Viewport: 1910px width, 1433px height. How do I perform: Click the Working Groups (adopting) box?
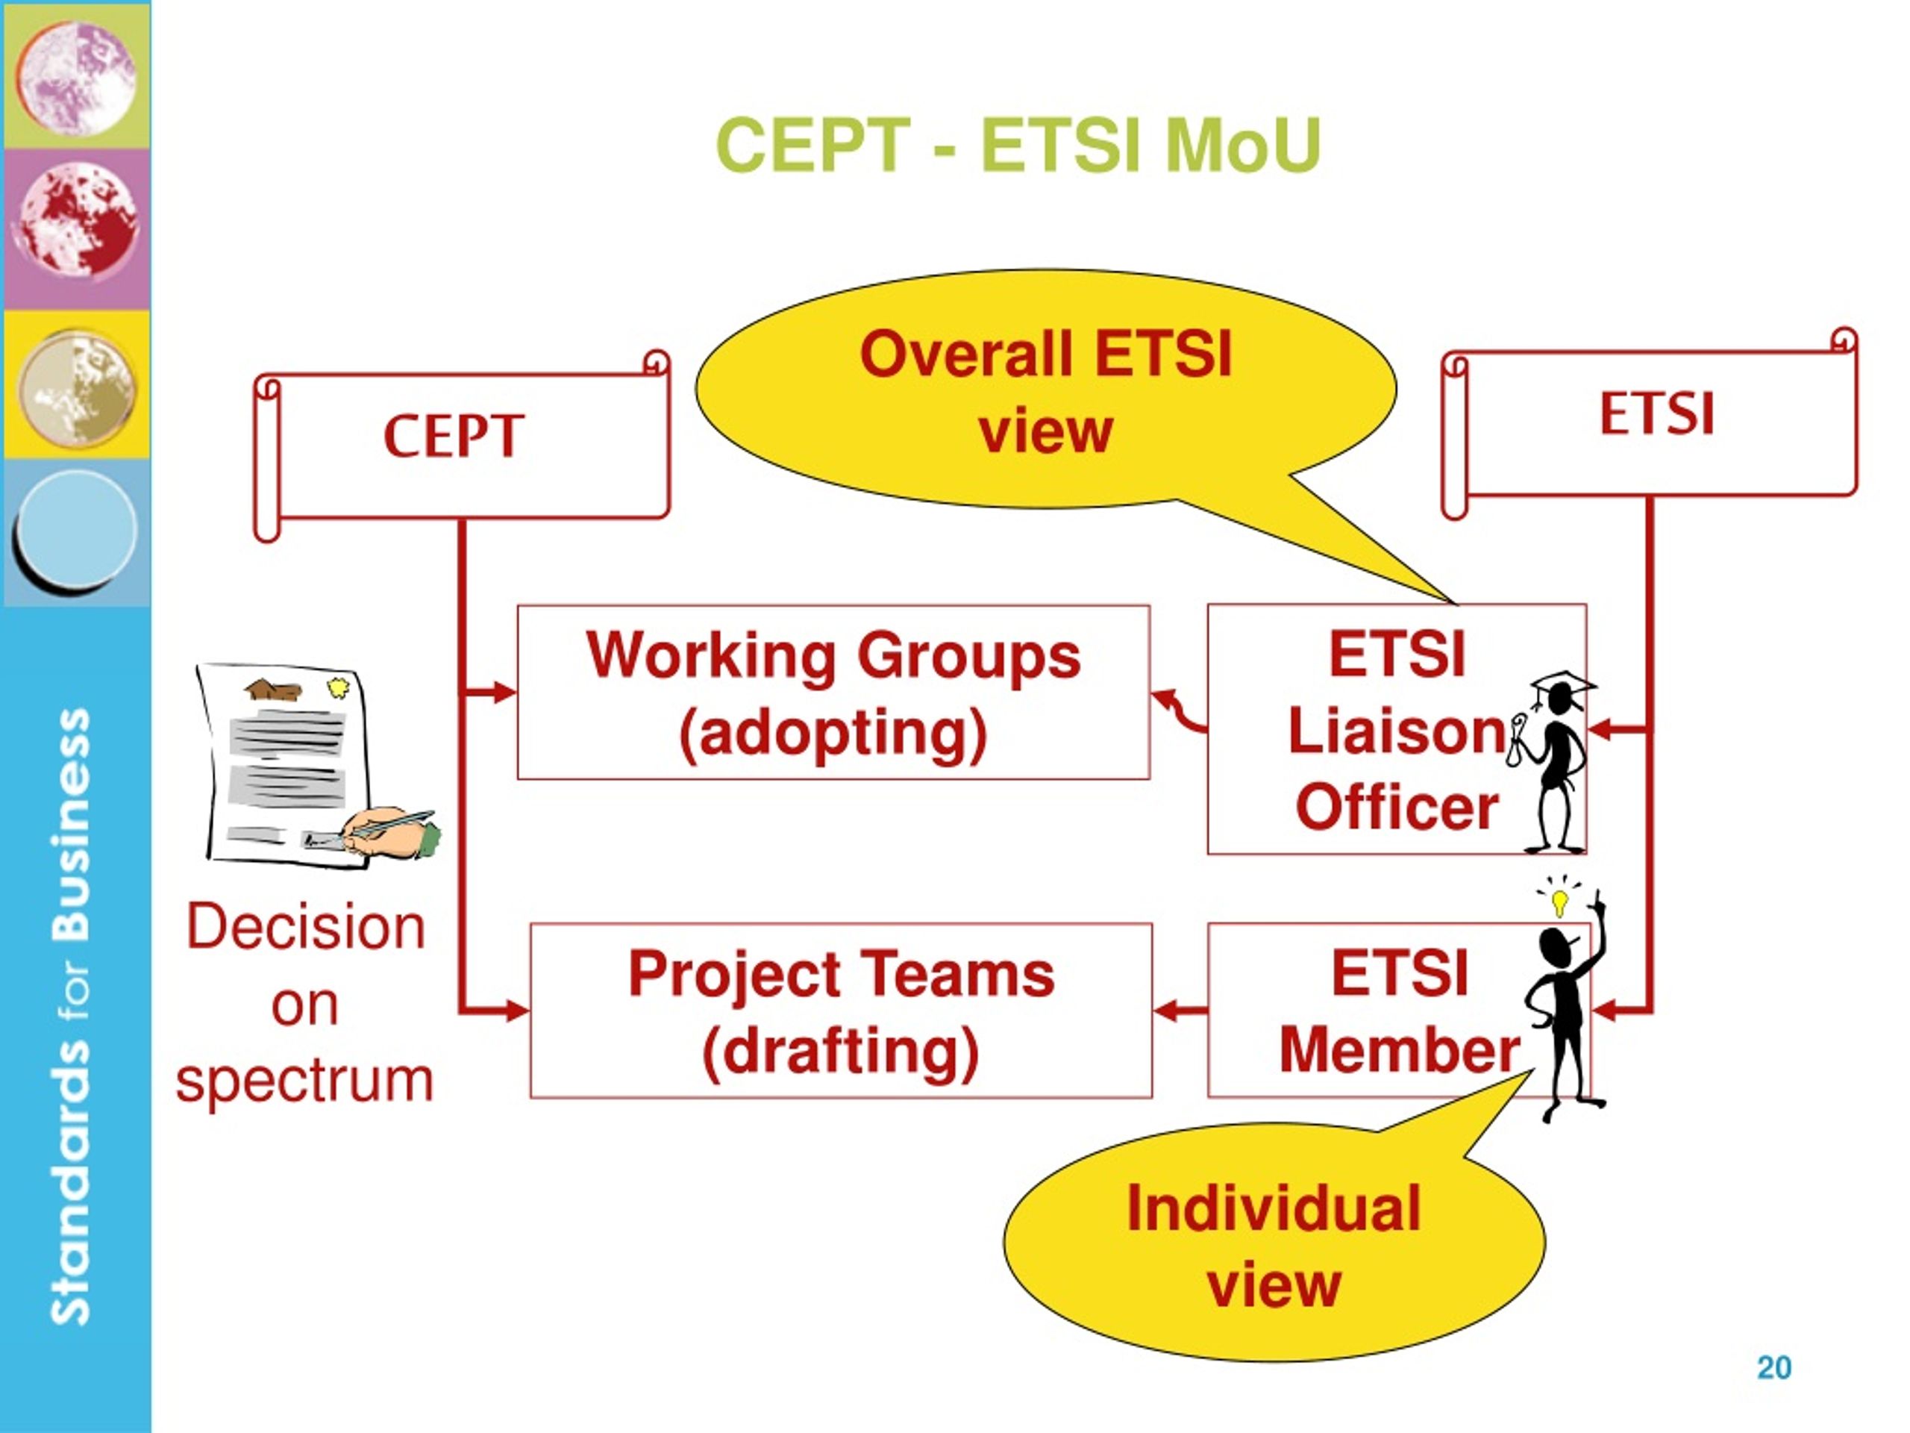(x=833, y=693)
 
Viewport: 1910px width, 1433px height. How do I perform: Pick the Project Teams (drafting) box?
(x=841, y=1011)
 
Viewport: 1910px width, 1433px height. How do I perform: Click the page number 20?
(x=1773, y=1367)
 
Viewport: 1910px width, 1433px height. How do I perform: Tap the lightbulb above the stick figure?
(x=1559, y=900)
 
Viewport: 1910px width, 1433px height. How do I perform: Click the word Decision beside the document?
(x=307, y=926)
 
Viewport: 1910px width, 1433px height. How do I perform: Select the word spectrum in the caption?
(x=304, y=1081)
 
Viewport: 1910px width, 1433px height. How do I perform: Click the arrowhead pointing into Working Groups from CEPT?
(x=504, y=692)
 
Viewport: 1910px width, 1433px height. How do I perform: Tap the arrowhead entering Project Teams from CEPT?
(x=517, y=1010)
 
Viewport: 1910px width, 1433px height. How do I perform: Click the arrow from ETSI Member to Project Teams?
(x=1180, y=1010)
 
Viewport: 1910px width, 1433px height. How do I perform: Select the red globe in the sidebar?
(x=78, y=222)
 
